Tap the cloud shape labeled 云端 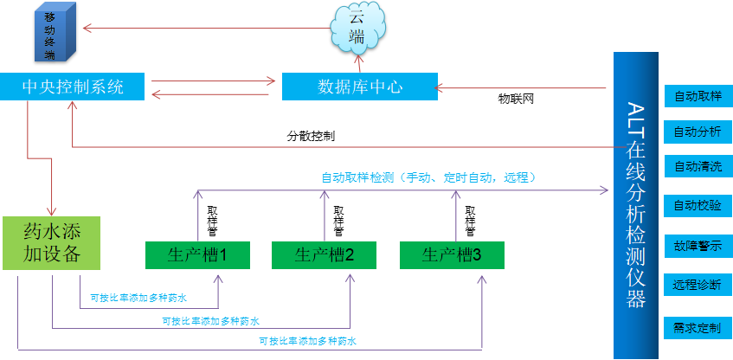[356, 29]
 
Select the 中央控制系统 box [73, 87]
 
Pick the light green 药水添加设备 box [52, 242]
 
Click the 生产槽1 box [197, 255]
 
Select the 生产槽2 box [325, 255]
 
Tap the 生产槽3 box [452, 255]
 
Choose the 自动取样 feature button [698, 96]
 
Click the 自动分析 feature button [698, 132]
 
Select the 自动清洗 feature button [698, 167]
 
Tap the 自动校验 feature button [698, 206]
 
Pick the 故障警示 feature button [698, 245]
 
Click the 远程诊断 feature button [698, 285]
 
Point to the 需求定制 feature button [698, 328]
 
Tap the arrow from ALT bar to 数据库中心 [524, 87]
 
